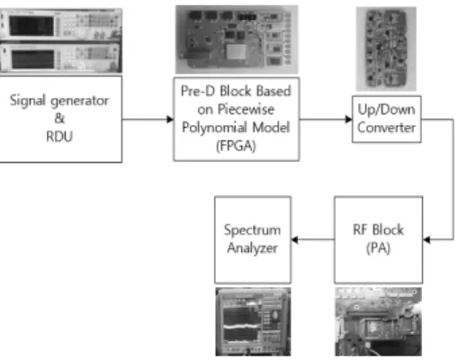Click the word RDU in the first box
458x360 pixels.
point(59,137)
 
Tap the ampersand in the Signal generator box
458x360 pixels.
point(59,118)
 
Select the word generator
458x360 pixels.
point(80,101)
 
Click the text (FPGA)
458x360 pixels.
point(236,146)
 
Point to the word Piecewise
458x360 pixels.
point(246,109)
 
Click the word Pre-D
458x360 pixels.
point(198,91)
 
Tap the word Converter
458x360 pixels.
point(386,128)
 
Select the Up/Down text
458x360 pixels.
point(386,110)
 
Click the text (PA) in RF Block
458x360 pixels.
point(378,248)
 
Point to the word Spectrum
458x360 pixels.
point(253,230)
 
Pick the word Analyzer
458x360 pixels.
point(253,248)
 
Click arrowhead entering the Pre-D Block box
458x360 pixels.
point(170,120)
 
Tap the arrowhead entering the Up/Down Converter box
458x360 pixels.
point(348,120)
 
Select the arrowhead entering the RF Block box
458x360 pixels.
point(427,239)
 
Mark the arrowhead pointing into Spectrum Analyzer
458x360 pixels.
point(295,239)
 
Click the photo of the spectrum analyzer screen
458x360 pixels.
point(253,321)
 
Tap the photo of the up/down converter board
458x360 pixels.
point(386,49)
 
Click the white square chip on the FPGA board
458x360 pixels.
point(236,51)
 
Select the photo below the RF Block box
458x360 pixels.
point(379,321)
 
